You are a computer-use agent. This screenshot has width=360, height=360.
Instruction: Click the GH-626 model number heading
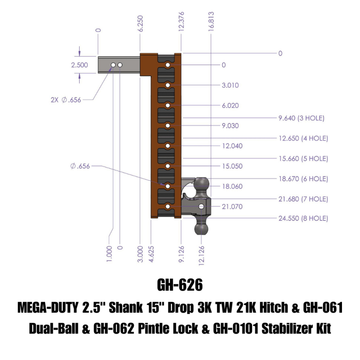point(180,285)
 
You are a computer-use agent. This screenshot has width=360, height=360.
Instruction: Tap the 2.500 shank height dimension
point(80,65)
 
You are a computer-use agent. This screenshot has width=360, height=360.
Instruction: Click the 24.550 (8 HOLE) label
point(303,219)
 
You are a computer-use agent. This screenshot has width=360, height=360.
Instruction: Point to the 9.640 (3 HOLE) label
point(301,118)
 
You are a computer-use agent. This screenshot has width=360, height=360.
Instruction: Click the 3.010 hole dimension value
point(230,85)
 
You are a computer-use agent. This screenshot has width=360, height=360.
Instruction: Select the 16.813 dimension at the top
point(211,31)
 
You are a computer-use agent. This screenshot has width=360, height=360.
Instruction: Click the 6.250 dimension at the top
point(141,32)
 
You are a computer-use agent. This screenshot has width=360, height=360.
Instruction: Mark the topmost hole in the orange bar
point(167,66)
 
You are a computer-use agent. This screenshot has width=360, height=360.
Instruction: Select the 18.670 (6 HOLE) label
point(303,179)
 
